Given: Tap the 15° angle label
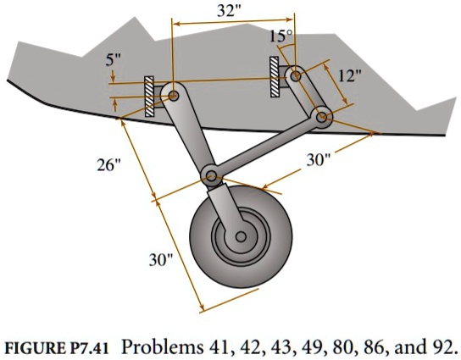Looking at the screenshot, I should click(280, 36).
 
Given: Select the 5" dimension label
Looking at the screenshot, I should click(114, 62).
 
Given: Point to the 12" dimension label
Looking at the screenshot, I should click(349, 75).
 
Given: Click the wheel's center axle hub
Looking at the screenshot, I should click(242, 237).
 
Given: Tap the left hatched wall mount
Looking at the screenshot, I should click(149, 96).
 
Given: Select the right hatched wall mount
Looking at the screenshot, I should click(275, 78).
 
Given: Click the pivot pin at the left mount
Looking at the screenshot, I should click(173, 97).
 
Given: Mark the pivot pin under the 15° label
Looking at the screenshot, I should click(296, 76).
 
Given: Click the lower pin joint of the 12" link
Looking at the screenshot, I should click(322, 116).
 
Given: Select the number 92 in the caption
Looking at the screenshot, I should click(442, 346).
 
